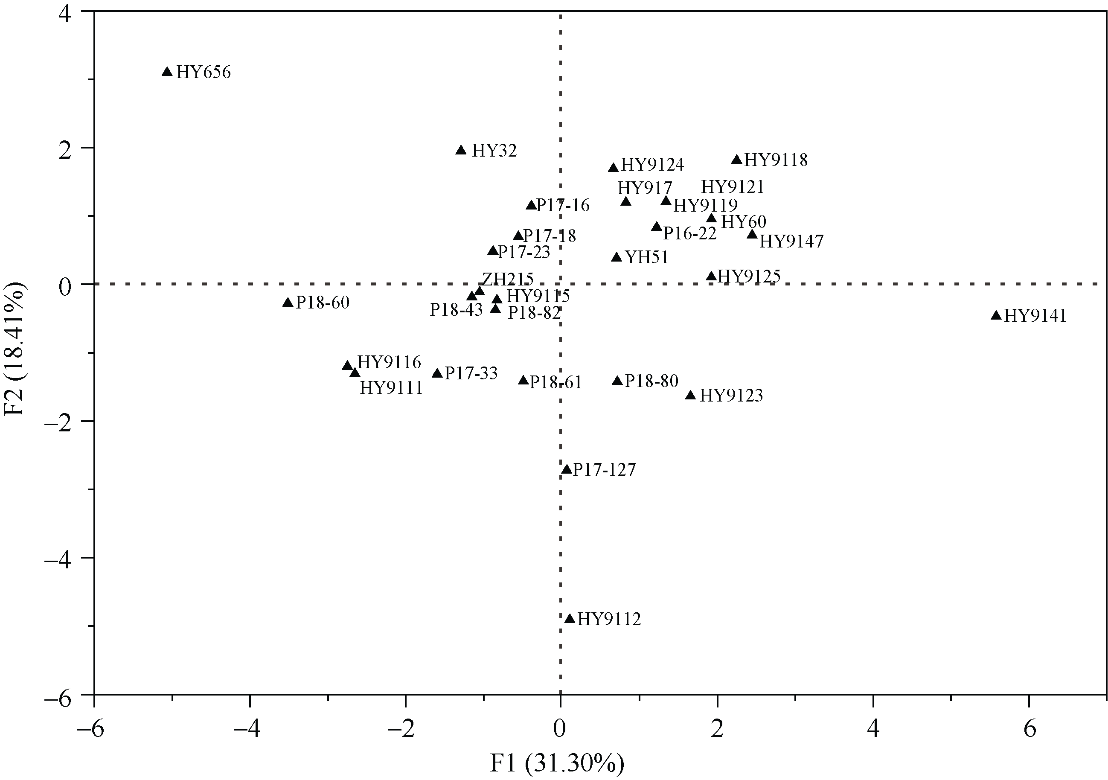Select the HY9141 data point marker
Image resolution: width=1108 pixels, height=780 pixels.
pyautogui.click(x=996, y=316)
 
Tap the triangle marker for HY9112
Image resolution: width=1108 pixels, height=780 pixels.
pyautogui.click(x=570, y=619)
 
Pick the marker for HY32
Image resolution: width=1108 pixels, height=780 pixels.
pyautogui.click(x=461, y=150)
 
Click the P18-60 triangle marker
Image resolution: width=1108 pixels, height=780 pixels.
pyautogui.click(x=288, y=303)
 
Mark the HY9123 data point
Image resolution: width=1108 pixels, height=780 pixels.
pyautogui.click(x=691, y=395)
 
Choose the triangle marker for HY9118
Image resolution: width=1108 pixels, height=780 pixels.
pyautogui.click(x=737, y=160)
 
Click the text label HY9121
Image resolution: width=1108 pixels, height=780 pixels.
pyautogui.click(x=733, y=187)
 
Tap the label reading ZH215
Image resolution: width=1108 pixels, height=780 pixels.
pyautogui.click(x=508, y=279)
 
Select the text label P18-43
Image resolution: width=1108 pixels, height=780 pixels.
pyautogui.click(x=456, y=310)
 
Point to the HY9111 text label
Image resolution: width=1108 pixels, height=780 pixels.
pyautogui.click(x=391, y=387)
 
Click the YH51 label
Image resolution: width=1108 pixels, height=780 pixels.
pyautogui.click(x=647, y=257)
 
